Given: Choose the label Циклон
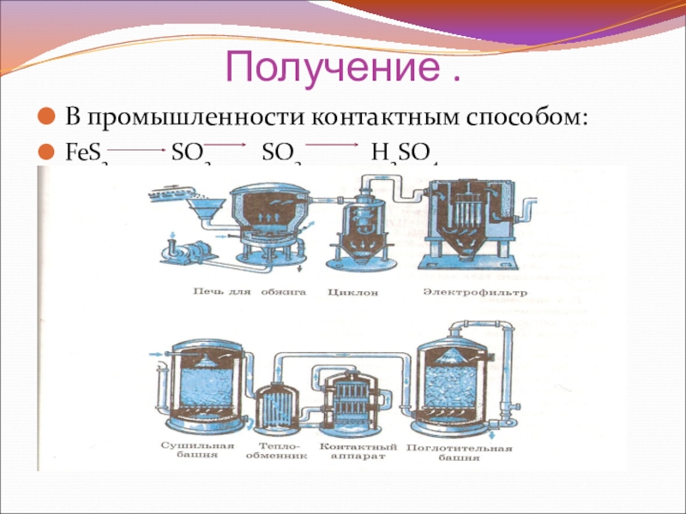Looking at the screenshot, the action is tap(349, 292).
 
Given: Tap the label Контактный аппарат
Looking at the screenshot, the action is tap(358, 451).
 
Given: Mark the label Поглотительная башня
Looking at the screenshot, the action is tap(459, 451).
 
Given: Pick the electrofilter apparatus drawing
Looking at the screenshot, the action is tap(472, 218).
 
